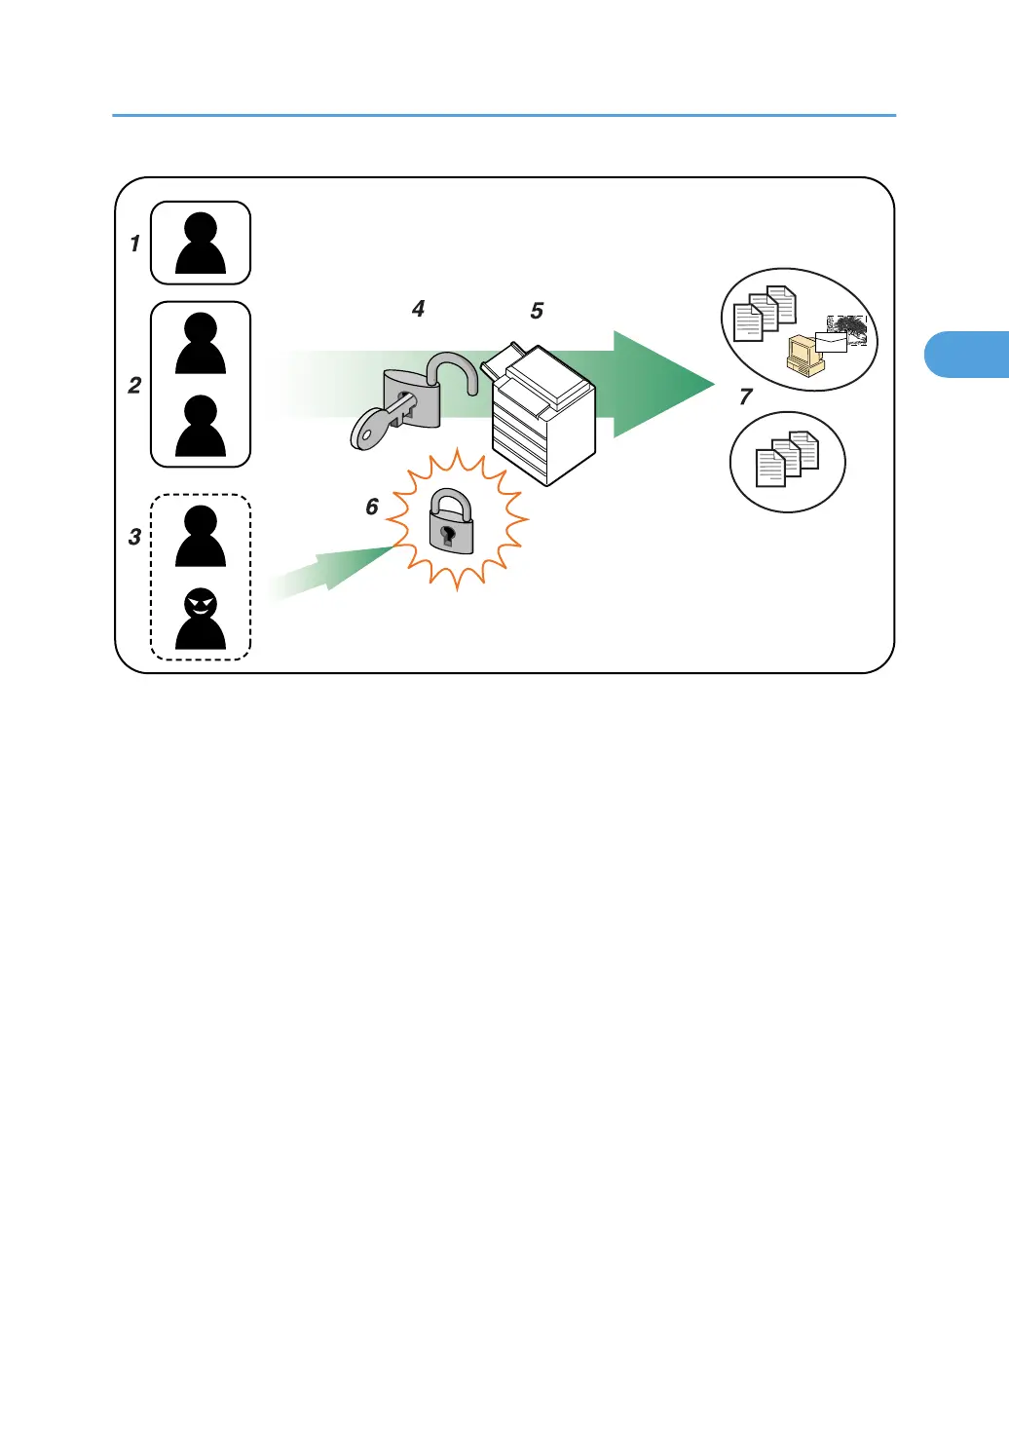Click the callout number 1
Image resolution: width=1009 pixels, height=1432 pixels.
tap(134, 244)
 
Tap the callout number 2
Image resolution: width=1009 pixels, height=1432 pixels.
tap(134, 386)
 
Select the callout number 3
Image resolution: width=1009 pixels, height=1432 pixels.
tap(134, 537)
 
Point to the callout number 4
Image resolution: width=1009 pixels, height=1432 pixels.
tap(418, 309)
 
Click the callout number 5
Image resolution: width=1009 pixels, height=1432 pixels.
tap(537, 311)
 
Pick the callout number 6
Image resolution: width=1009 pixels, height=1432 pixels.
tap(372, 507)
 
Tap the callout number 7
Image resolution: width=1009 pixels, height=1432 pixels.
tap(746, 396)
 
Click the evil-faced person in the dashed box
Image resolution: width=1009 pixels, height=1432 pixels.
tap(201, 620)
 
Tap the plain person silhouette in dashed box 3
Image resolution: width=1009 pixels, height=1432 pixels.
tap(201, 537)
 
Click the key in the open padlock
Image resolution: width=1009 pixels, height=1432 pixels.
tap(374, 425)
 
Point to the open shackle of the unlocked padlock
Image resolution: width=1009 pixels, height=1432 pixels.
tap(454, 374)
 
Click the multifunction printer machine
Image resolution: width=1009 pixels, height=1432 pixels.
tap(542, 414)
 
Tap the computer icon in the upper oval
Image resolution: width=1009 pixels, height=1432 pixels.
tap(804, 356)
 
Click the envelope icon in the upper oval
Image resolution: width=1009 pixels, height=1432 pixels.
tap(831, 342)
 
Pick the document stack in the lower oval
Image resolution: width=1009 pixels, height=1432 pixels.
tap(787, 459)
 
